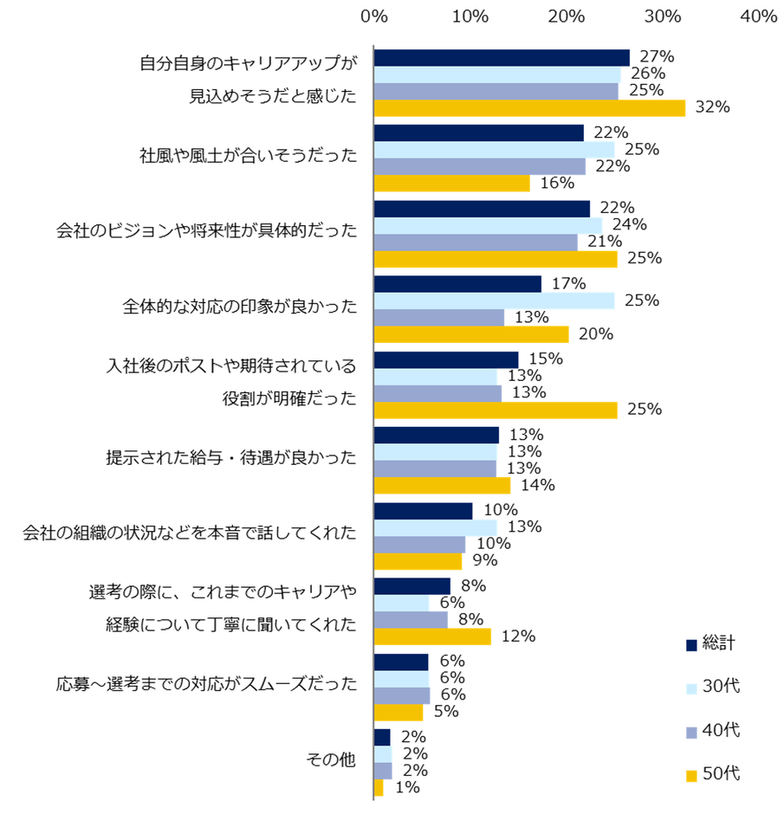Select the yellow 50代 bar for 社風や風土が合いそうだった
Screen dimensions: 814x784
point(451,184)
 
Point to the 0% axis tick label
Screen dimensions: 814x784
point(373,16)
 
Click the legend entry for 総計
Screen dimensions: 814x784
point(712,643)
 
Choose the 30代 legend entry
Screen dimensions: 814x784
point(712,687)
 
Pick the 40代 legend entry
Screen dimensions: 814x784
point(712,731)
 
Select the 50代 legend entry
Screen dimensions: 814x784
point(712,773)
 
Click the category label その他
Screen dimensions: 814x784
point(332,760)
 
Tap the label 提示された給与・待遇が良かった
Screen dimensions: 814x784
point(231,458)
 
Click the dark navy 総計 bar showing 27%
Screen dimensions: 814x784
point(502,57)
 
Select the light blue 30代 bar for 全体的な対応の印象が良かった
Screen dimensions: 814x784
point(494,300)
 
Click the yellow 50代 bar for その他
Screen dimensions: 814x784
point(379,787)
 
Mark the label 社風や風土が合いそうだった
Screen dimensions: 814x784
point(249,157)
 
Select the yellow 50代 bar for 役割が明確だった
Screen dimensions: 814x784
point(496,410)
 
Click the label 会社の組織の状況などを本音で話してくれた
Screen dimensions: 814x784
point(190,533)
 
